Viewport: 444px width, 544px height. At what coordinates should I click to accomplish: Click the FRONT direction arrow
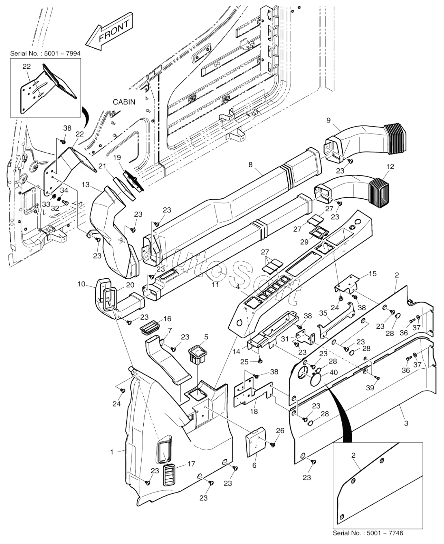pyautogui.click(x=110, y=34)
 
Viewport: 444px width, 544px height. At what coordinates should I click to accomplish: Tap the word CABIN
pyautogui.click(x=124, y=102)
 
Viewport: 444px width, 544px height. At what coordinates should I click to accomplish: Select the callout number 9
pyautogui.click(x=328, y=120)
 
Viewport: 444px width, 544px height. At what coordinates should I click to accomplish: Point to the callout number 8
pyautogui.click(x=250, y=164)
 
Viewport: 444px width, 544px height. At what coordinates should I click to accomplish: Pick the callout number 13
pyautogui.click(x=85, y=185)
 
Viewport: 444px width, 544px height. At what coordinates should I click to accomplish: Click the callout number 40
pyautogui.click(x=333, y=372)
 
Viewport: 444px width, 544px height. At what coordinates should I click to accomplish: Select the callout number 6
pyautogui.click(x=254, y=465)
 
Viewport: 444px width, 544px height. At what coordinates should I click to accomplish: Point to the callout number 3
pyautogui.click(x=406, y=423)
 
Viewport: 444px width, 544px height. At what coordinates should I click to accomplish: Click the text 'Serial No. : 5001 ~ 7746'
pyautogui.click(x=368, y=533)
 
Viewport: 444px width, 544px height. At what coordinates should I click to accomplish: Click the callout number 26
pyautogui.click(x=280, y=430)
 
